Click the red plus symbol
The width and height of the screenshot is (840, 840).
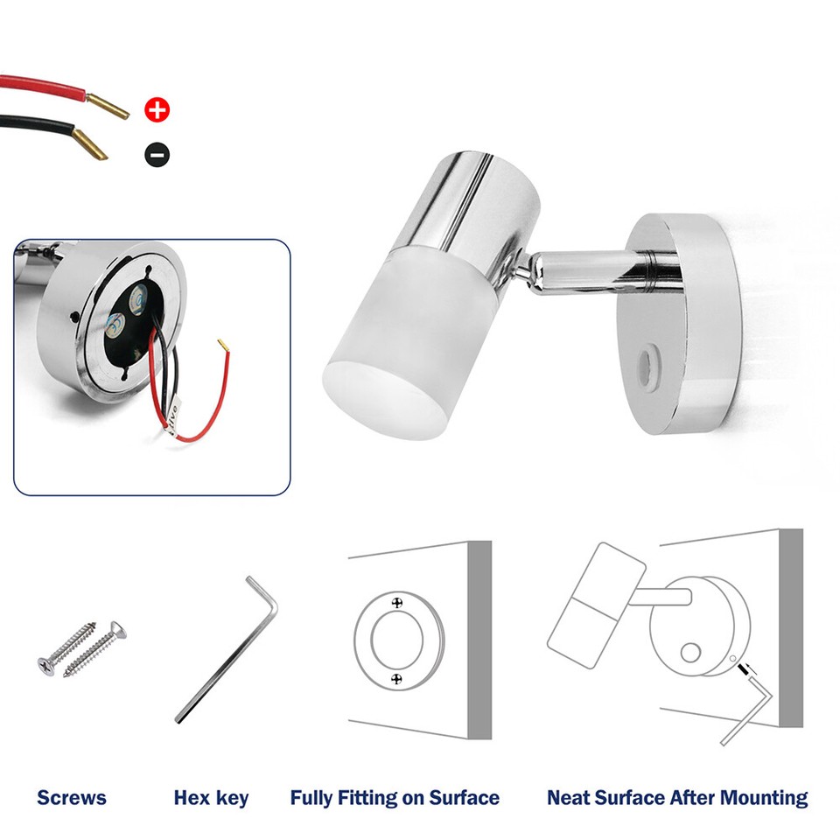coord(157,110)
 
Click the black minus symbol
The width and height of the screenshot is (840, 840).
coord(157,155)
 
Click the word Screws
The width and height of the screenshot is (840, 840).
coord(72,797)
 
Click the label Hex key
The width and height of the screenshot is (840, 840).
coord(211,797)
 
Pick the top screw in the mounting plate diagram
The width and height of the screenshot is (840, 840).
coord(398,603)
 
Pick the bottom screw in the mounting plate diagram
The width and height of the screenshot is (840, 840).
coord(398,678)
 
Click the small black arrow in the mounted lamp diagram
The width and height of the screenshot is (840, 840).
coord(745,670)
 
